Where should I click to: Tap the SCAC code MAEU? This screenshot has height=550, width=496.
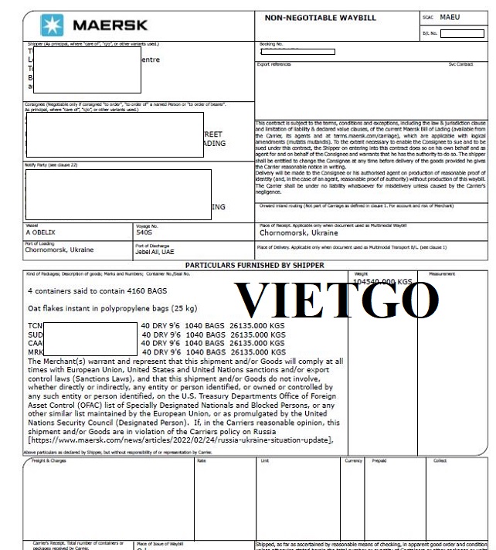(x=449, y=16)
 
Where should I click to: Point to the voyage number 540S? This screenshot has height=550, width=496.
(x=144, y=232)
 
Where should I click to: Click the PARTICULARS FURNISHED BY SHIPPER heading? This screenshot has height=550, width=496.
(x=254, y=265)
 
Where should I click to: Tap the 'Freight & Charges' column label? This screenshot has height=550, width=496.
(x=49, y=460)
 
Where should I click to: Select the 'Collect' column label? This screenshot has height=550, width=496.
(x=440, y=460)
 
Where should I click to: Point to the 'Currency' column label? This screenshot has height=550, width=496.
(x=353, y=460)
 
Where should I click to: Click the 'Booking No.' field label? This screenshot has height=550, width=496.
(x=271, y=44)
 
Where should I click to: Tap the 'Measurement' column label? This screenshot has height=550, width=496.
(x=442, y=273)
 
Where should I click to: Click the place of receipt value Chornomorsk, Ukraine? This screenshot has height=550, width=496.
(x=298, y=232)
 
